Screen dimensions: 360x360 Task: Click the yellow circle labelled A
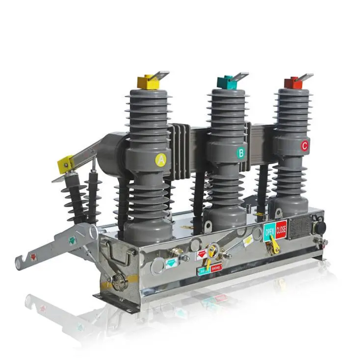point(161,160)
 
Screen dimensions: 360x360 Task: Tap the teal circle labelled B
point(241,153)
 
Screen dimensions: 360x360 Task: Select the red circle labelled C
point(305,146)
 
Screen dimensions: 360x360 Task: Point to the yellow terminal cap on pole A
point(148,83)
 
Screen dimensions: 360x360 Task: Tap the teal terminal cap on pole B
point(227,82)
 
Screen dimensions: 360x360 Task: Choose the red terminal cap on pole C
point(293,83)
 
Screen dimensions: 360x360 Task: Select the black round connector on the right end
point(320,228)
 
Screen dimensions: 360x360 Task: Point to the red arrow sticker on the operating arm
point(33,257)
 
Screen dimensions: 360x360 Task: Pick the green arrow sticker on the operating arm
point(72,240)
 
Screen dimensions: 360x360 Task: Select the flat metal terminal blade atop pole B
point(240,77)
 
